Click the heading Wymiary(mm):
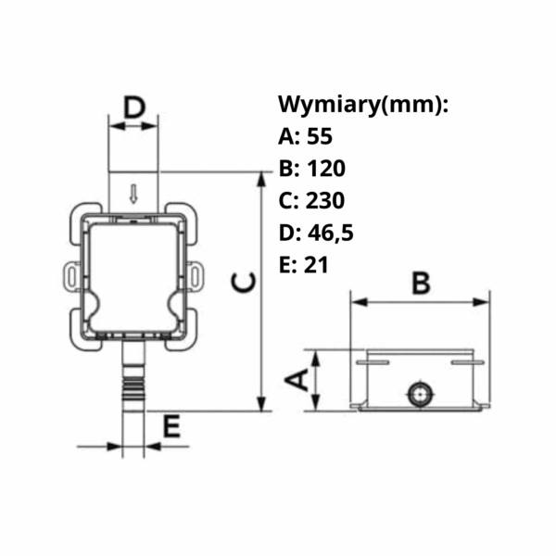(x=363, y=104)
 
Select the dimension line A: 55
(x=305, y=137)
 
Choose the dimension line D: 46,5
(x=316, y=233)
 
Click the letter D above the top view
(x=135, y=107)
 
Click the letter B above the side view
(x=420, y=282)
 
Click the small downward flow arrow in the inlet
(x=133, y=195)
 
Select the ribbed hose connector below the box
(x=133, y=381)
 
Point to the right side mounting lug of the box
(x=196, y=274)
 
